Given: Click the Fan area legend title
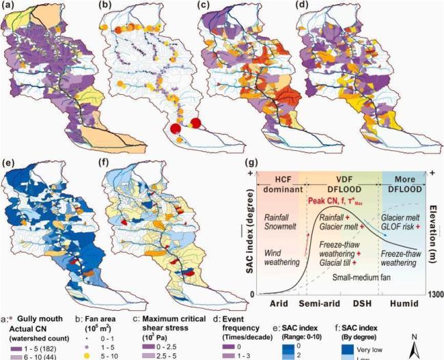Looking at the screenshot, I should [x=111, y=318].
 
